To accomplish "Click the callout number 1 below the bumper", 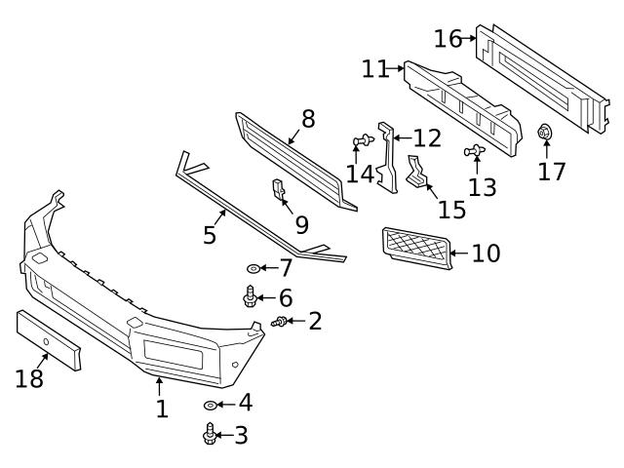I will click(x=162, y=408).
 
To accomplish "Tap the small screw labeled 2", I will click(x=281, y=322).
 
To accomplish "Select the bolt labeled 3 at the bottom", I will click(x=210, y=434).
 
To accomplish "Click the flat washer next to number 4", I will click(x=211, y=404).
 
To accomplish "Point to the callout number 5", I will click(x=209, y=235).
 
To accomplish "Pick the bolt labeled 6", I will click(x=250, y=295).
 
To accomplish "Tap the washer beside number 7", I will click(x=253, y=267).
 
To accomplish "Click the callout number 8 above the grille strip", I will click(x=307, y=120).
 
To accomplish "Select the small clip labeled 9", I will click(x=278, y=189).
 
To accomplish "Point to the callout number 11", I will click(x=374, y=69).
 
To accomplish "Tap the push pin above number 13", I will click(x=477, y=150).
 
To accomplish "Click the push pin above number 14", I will click(x=360, y=142).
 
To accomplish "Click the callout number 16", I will click(x=448, y=39).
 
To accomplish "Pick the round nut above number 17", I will click(x=546, y=133).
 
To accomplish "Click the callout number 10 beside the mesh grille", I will click(x=485, y=253).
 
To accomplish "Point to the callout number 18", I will click(x=29, y=378).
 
